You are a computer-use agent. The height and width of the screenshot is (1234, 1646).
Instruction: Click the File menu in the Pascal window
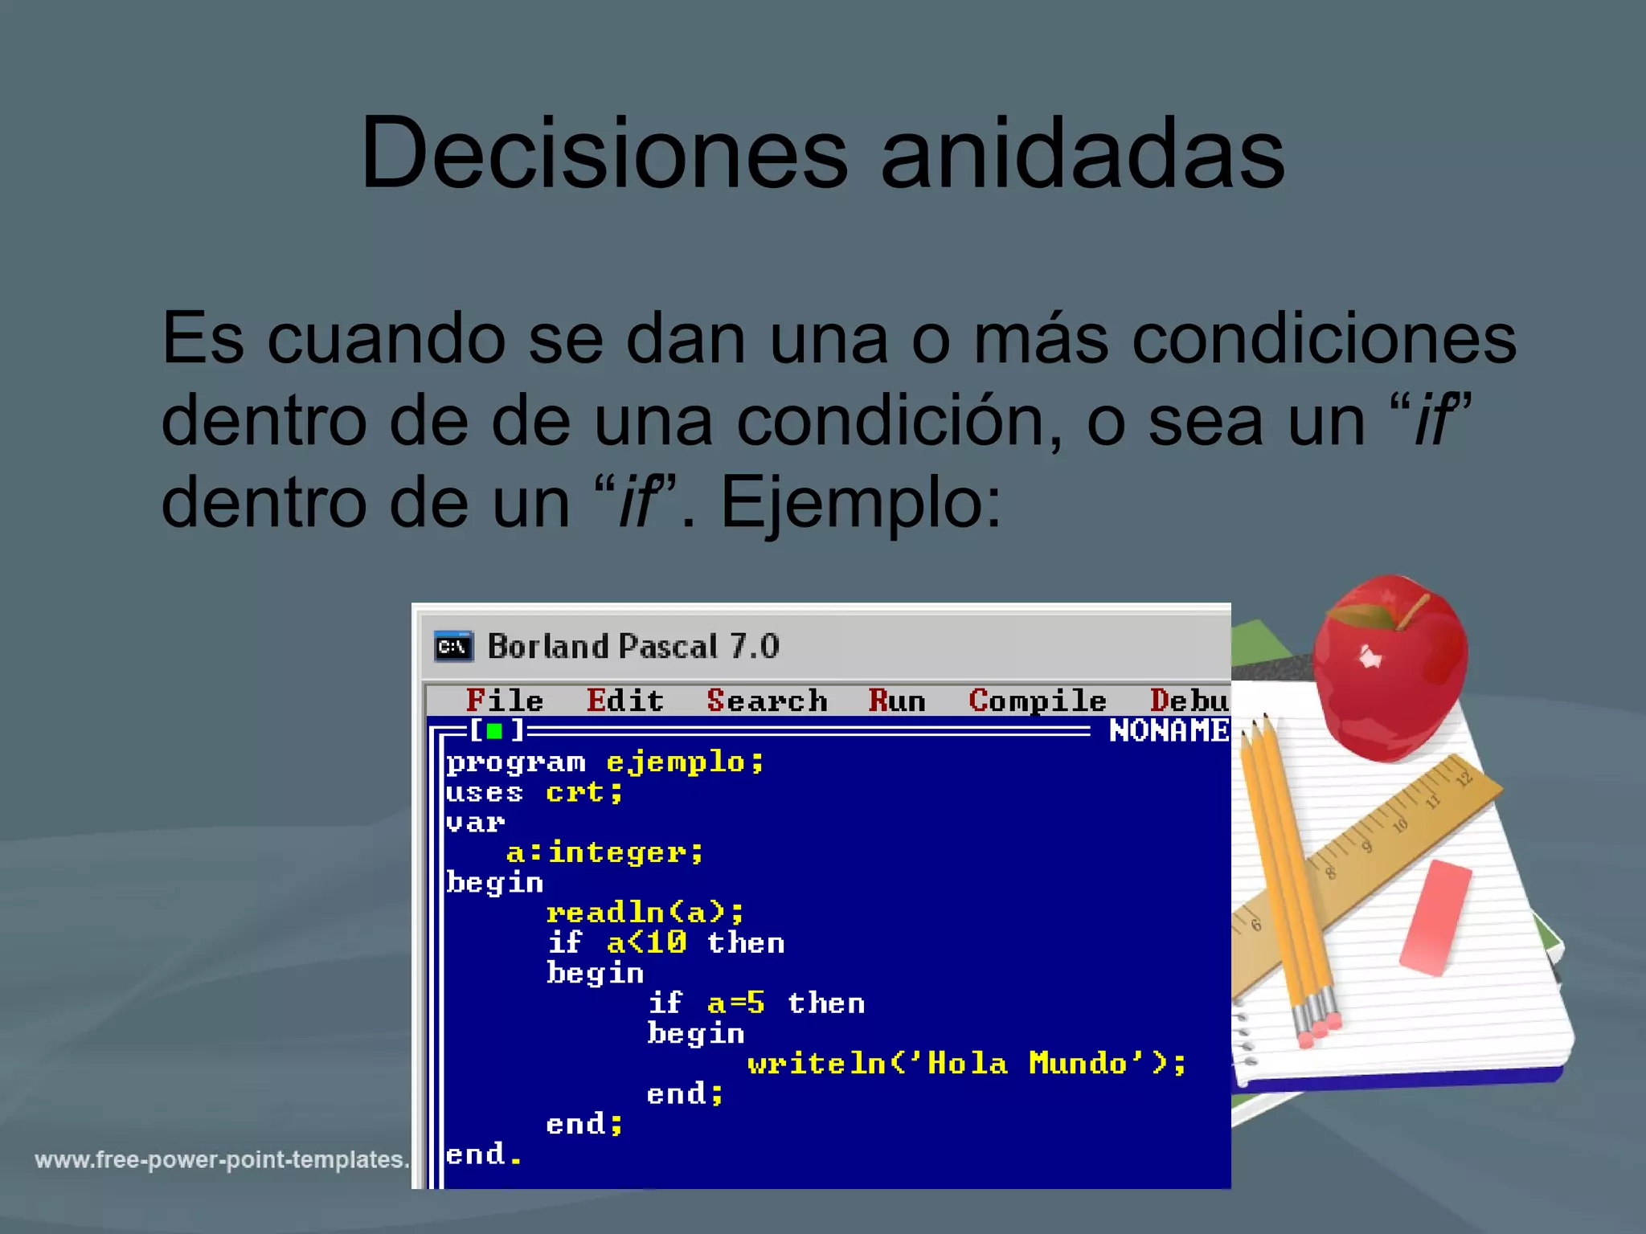(x=504, y=701)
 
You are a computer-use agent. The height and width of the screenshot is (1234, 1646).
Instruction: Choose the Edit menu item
(x=625, y=701)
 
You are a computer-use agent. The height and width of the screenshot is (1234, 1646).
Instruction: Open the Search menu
(x=767, y=701)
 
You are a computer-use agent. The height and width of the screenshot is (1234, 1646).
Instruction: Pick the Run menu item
(x=897, y=701)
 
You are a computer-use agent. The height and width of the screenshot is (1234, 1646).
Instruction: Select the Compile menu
(x=1038, y=701)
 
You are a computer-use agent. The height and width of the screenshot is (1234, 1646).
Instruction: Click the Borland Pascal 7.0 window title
(x=633, y=647)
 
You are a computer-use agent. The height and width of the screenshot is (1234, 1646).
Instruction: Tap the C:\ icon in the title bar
(x=453, y=647)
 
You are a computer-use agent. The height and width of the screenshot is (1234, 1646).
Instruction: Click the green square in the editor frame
(x=495, y=731)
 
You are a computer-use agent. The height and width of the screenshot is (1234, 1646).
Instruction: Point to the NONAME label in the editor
(x=1169, y=731)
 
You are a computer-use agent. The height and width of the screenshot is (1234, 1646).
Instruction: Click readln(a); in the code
(x=645, y=913)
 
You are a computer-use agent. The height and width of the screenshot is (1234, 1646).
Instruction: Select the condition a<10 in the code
(x=646, y=942)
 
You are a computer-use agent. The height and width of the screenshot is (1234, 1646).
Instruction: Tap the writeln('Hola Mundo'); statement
(x=967, y=1064)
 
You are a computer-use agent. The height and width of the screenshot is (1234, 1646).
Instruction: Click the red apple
(x=1390, y=667)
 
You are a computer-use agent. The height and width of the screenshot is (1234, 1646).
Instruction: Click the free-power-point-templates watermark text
(x=222, y=1159)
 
